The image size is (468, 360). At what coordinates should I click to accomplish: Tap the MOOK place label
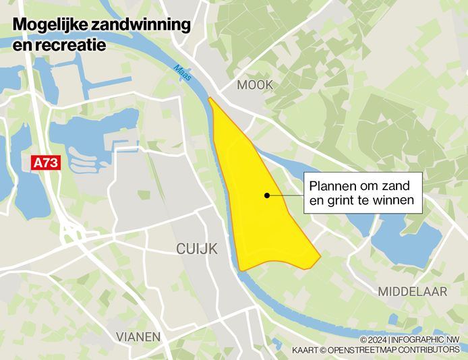[255, 85]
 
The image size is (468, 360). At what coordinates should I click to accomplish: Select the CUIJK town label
[196, 249]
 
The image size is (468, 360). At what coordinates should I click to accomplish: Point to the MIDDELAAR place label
[412, 291]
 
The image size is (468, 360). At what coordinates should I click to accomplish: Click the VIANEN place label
[138, 336]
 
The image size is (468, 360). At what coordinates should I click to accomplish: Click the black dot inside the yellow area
[267, 196]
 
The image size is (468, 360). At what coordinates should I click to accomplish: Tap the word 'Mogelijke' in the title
[45, 26]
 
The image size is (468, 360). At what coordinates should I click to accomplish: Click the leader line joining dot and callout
[286, 196]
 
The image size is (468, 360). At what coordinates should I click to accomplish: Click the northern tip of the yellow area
[210, 99]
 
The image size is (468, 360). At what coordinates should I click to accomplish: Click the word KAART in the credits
[305, 350]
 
